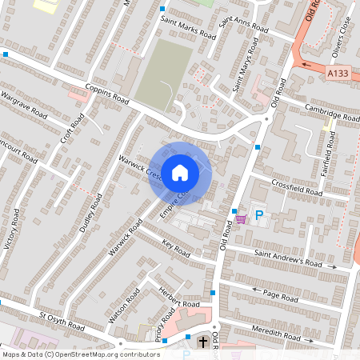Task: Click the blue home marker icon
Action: tap(180, 172)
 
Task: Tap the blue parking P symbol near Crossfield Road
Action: tap(258, 214)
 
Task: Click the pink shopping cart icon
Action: tap(241, 218)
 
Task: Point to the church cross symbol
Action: tap(203, 343)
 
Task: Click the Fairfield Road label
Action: tap(329, 143)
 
